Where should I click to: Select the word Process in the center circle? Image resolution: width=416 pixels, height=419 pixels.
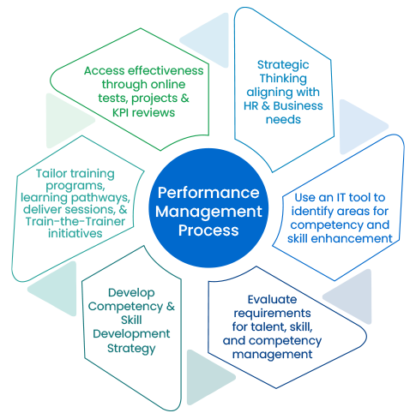[208, 229]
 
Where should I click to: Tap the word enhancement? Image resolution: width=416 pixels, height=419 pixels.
[353, 238]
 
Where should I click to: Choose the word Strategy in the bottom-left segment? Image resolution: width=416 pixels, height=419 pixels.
[134, 348]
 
